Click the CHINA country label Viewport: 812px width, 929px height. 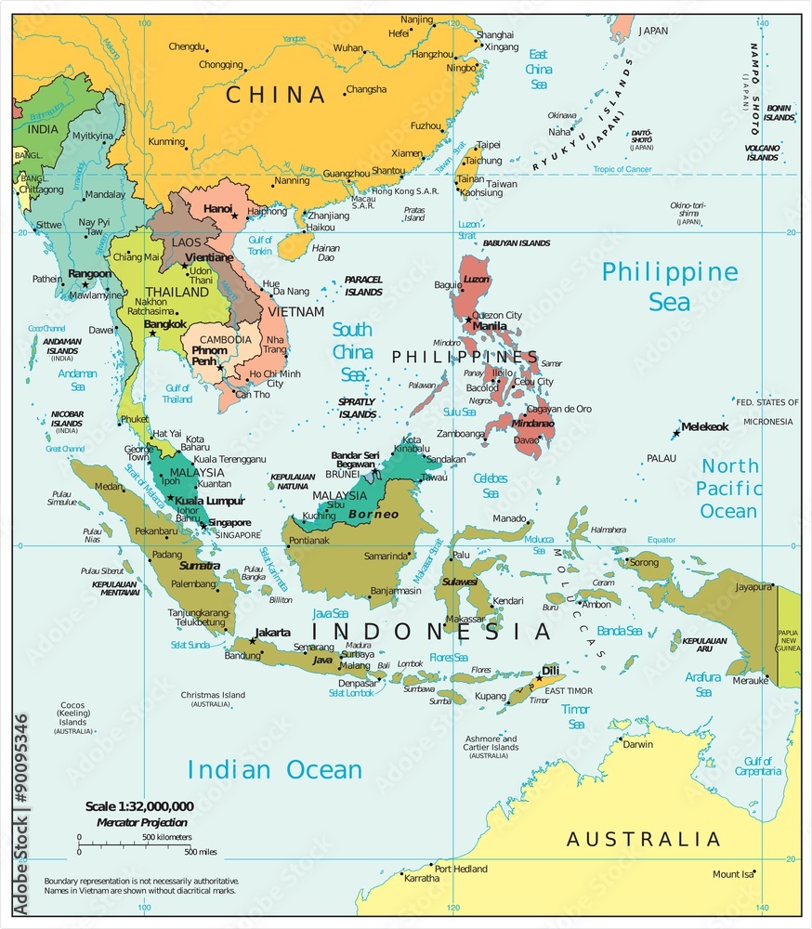(276, 95)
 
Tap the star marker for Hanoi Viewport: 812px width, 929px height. (234, 216)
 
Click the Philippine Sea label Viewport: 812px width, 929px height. (669, 286)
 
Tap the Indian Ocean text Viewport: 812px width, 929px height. (274, 769)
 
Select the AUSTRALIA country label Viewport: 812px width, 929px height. (643, 840)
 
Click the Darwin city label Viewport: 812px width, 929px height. (637, 744)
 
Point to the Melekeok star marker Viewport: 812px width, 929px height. (676, 434)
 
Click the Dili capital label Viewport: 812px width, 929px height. (550, 670)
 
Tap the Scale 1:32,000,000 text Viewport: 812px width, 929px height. (139, 806)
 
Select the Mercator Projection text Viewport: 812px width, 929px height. (141, 822)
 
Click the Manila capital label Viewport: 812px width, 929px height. (490, 326)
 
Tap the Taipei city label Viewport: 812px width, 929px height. (489, 145)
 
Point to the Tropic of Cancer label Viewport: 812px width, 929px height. (622, 169)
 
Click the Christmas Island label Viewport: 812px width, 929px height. (213, 695)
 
